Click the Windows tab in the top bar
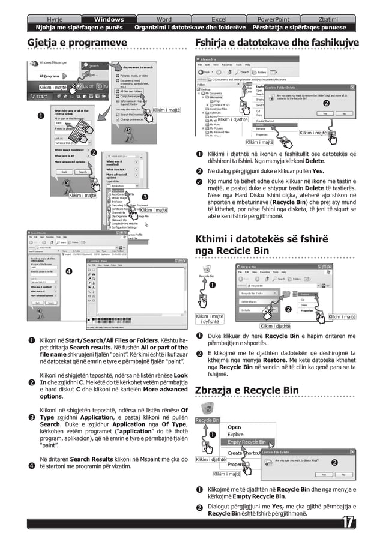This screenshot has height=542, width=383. click(x=109, y=19)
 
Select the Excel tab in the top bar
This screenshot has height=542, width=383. click(x=219, y=19)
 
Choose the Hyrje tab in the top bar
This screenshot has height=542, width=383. click(x=55, y=19)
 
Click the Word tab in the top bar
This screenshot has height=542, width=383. click(x=163, y=19)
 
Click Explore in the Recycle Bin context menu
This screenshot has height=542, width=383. click(x=235, y=435)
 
